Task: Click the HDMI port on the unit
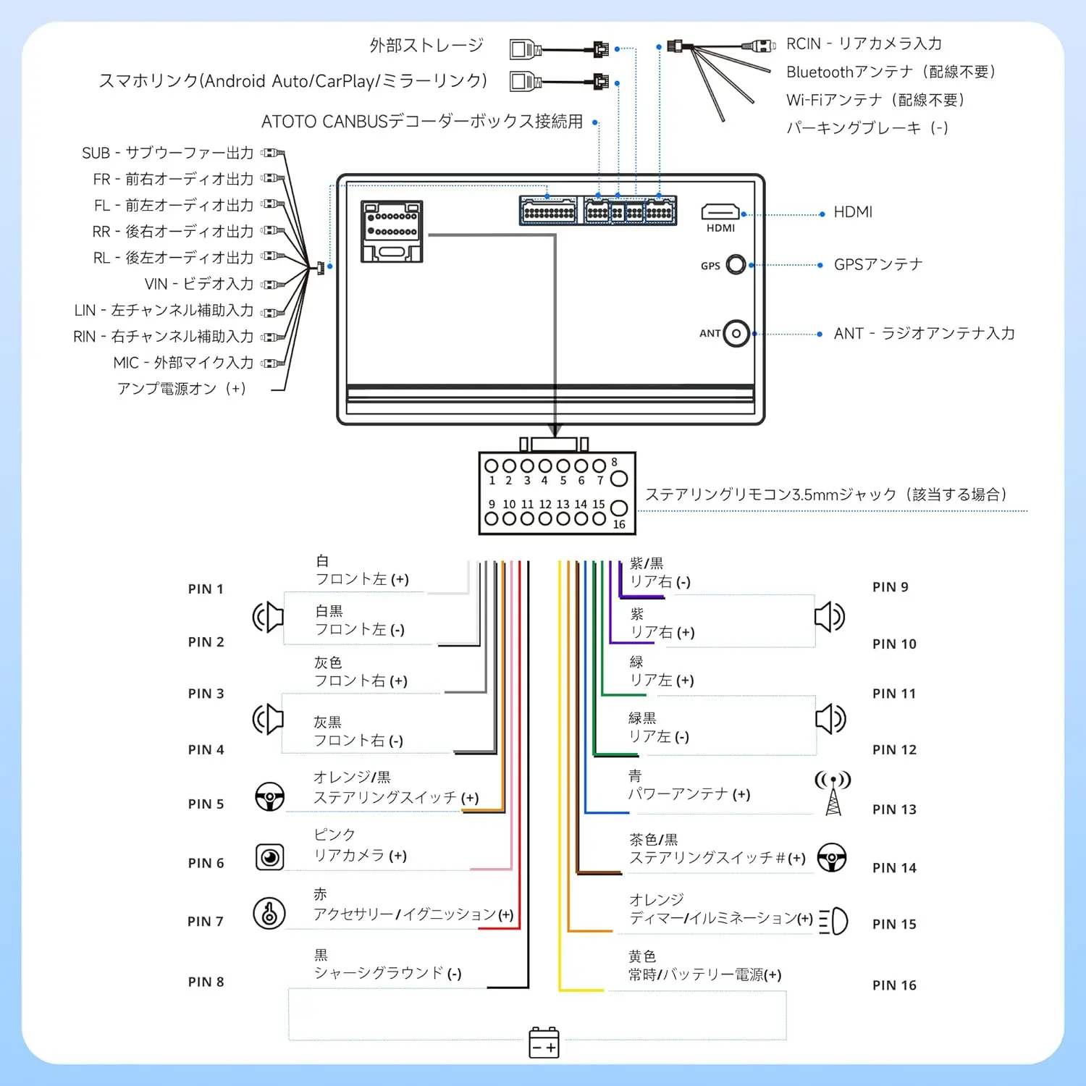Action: click(x=720, y=211)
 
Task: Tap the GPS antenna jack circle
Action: click(x=736, y=265)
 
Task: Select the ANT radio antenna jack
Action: click(x=736, y=334)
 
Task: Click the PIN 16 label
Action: click(x=894, y=985)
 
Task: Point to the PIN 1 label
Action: click(x=206, y=589)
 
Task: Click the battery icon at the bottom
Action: click(x=544, y=1043)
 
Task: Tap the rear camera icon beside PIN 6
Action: click(x=270, y=857)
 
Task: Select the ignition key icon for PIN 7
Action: click(x=269, y=913)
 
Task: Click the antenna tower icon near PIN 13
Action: click(x=833, y=793)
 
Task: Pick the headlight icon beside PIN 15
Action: click(x=833, y=921)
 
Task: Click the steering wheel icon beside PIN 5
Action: click(x=270, y=796)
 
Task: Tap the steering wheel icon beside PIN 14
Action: click(x=832, y=857)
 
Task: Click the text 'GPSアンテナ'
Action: click(x=878, y=264)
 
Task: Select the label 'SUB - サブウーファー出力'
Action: click(x=168, y=153)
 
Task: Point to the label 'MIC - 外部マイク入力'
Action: click(x=183, y=363)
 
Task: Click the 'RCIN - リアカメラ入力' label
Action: click(x=864, y=43)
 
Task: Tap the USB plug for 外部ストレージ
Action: click(x=526, y=49)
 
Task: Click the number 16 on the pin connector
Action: click(x=619, y=524)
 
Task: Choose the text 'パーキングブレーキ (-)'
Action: click(x=867, y=128)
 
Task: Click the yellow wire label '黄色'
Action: click(x=642, y=956)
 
